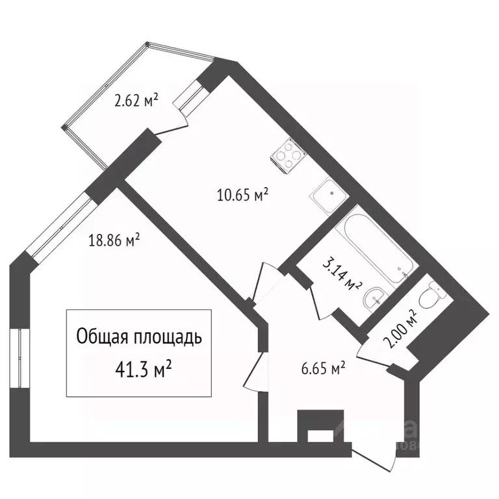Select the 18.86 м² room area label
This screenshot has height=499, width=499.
[114, 240]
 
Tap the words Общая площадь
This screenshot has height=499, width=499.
[139, 337]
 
